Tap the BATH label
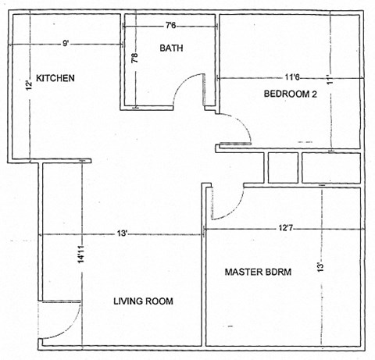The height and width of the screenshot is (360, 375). [171, 48]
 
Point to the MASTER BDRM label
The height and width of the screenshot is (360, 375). [258, 272]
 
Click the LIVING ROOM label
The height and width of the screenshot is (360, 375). [143, 301]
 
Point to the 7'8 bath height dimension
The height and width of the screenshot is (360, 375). [134, 56]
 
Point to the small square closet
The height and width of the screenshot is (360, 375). [282, 168]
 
